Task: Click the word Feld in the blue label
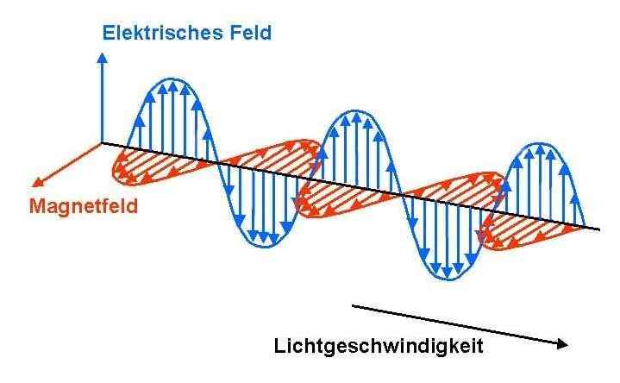(x=250, y=34)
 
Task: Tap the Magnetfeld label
(x=84, y=207)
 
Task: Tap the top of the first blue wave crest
(x=175, y=79)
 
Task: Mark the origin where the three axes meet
(x=103, y=142)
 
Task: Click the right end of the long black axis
(x=600, y=229)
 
